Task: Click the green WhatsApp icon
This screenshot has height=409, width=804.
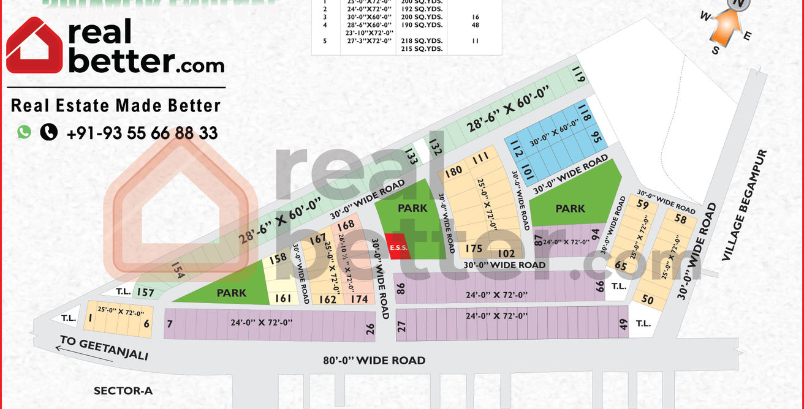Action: click(24, 132)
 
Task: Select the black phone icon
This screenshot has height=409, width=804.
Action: click(48, 132)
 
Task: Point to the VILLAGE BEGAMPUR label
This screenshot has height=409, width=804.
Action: click(744, 205)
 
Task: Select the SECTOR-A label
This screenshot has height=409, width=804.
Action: click(123, 391)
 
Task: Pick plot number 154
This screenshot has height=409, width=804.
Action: click(178, 271)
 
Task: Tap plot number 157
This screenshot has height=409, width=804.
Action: click(145, 292)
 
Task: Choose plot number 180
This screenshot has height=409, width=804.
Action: click(453, 171)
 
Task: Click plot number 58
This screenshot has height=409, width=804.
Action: click(680, 219)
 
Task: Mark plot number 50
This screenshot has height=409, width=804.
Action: click(647, 299)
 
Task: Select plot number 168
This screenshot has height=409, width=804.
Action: click(346, 225)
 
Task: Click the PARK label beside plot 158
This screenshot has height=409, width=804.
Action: click(231, 293)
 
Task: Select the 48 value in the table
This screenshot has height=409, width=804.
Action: click(476, 25)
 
